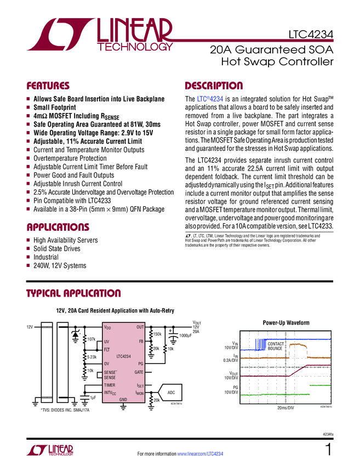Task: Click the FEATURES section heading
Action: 48,86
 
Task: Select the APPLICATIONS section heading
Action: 58,227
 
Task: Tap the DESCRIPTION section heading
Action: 214,86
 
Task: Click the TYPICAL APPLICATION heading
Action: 73,293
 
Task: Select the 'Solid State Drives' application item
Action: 57,249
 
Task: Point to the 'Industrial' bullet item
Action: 46,257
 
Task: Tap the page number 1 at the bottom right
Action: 328,451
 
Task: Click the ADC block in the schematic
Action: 170,393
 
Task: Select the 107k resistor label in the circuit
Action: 92,339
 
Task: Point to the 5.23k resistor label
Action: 92,357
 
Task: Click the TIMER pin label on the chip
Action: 110,386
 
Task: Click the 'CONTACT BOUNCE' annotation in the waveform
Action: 275,346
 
